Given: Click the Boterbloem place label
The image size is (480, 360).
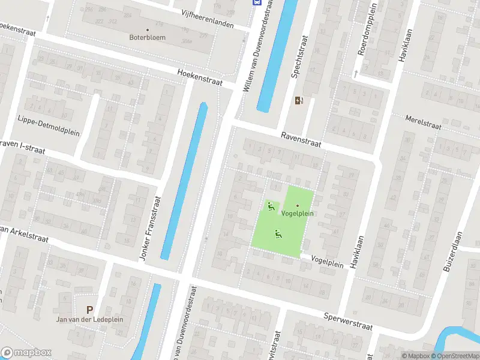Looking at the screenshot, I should point(147,37).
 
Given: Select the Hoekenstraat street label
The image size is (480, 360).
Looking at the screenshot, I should point(200,77).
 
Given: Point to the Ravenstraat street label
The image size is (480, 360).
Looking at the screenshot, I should point(301,140).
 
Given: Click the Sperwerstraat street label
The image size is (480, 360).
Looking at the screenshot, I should point(348,322).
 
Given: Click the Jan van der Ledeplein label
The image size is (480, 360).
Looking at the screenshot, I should point(89,319).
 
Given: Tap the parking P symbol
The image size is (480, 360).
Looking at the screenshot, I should point(89,310).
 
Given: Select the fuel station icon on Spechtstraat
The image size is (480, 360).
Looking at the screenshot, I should point(299,101).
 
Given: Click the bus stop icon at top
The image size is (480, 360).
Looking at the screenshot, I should point(257,2).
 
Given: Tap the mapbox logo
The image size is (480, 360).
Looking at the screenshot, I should point(26,352).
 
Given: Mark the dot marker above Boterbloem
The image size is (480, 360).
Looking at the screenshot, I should point(147,29).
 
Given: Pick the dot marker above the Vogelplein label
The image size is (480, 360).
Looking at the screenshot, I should point(297,206).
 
